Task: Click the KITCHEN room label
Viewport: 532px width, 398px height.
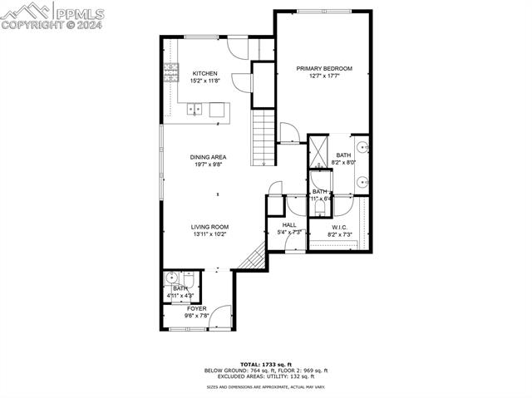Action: tap(204, 73)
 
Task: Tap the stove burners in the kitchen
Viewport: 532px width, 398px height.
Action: tap(170, 71)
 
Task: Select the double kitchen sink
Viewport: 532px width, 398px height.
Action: tap(196, 107)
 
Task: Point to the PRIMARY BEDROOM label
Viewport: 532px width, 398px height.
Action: tap(325, 68)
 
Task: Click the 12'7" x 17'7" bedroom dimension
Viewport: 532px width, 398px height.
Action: tap(325, 76)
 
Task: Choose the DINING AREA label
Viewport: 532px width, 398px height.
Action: tap(208, 156)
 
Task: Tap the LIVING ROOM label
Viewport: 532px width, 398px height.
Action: tap(209, 227)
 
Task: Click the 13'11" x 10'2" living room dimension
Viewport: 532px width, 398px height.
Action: tap(209, 234)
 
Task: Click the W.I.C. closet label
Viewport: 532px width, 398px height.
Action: tap(339, 228)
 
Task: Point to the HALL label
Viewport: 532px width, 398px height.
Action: tap(288, 224)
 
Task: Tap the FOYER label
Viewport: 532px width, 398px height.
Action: tap(196, 308)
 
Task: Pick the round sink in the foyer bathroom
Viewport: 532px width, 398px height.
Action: tap(171, 278)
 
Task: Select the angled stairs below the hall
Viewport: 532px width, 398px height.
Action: tap(253, 261)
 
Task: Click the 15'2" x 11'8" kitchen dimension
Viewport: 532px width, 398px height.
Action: tap(204, 81)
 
